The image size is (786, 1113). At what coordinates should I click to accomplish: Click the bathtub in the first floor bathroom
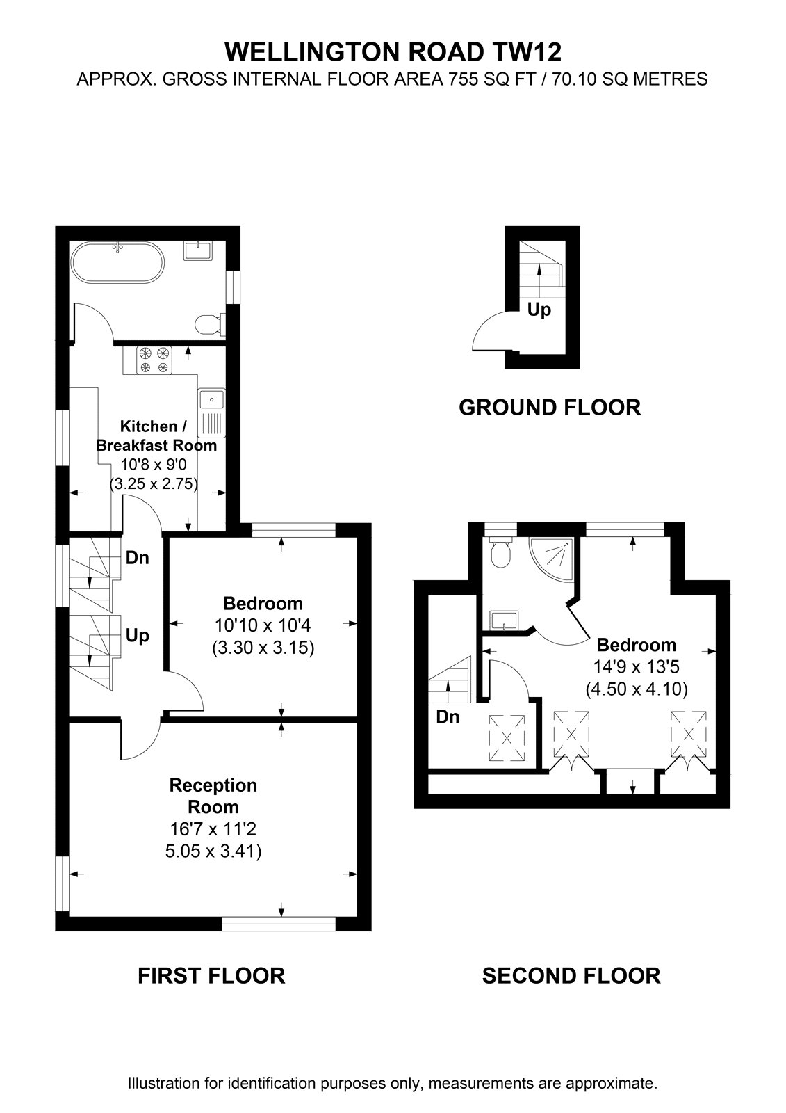pyautogui.click(x=117, y=262)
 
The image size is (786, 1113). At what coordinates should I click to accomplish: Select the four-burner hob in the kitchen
pyautogui.click(x=154, y=360)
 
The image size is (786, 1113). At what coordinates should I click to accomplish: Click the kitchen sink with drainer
pyautogui.click(x=211, y=413)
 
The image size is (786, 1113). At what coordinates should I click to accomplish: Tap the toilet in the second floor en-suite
pyautogui.click(x=500, y=552)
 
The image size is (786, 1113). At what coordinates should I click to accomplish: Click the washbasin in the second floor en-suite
pyautogui.click(x=505, y=620)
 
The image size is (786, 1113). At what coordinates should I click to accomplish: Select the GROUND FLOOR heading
pyautogui.click(x=550, y=408)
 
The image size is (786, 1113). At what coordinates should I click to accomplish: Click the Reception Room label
pyautogui.click(x=213, y=796)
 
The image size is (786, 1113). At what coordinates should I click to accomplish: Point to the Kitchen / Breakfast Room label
pyautogui.click(x=156, y=435)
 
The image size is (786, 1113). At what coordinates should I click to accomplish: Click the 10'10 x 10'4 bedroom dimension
pyautogui.click(x=263, y=625)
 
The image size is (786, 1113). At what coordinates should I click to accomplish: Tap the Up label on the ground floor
pyautogui.click(x=539, y=310)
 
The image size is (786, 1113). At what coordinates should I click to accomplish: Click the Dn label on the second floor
pyautogui.click(x=448, y=716)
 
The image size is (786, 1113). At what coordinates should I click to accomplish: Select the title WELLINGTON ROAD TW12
pyautogui.click(x=393, y=52)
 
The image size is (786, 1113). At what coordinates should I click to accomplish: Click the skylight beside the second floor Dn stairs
pyautogui.click(x=507, y=738)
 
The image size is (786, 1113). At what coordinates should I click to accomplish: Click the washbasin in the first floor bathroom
pyautogui.click(x=198, y=250)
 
